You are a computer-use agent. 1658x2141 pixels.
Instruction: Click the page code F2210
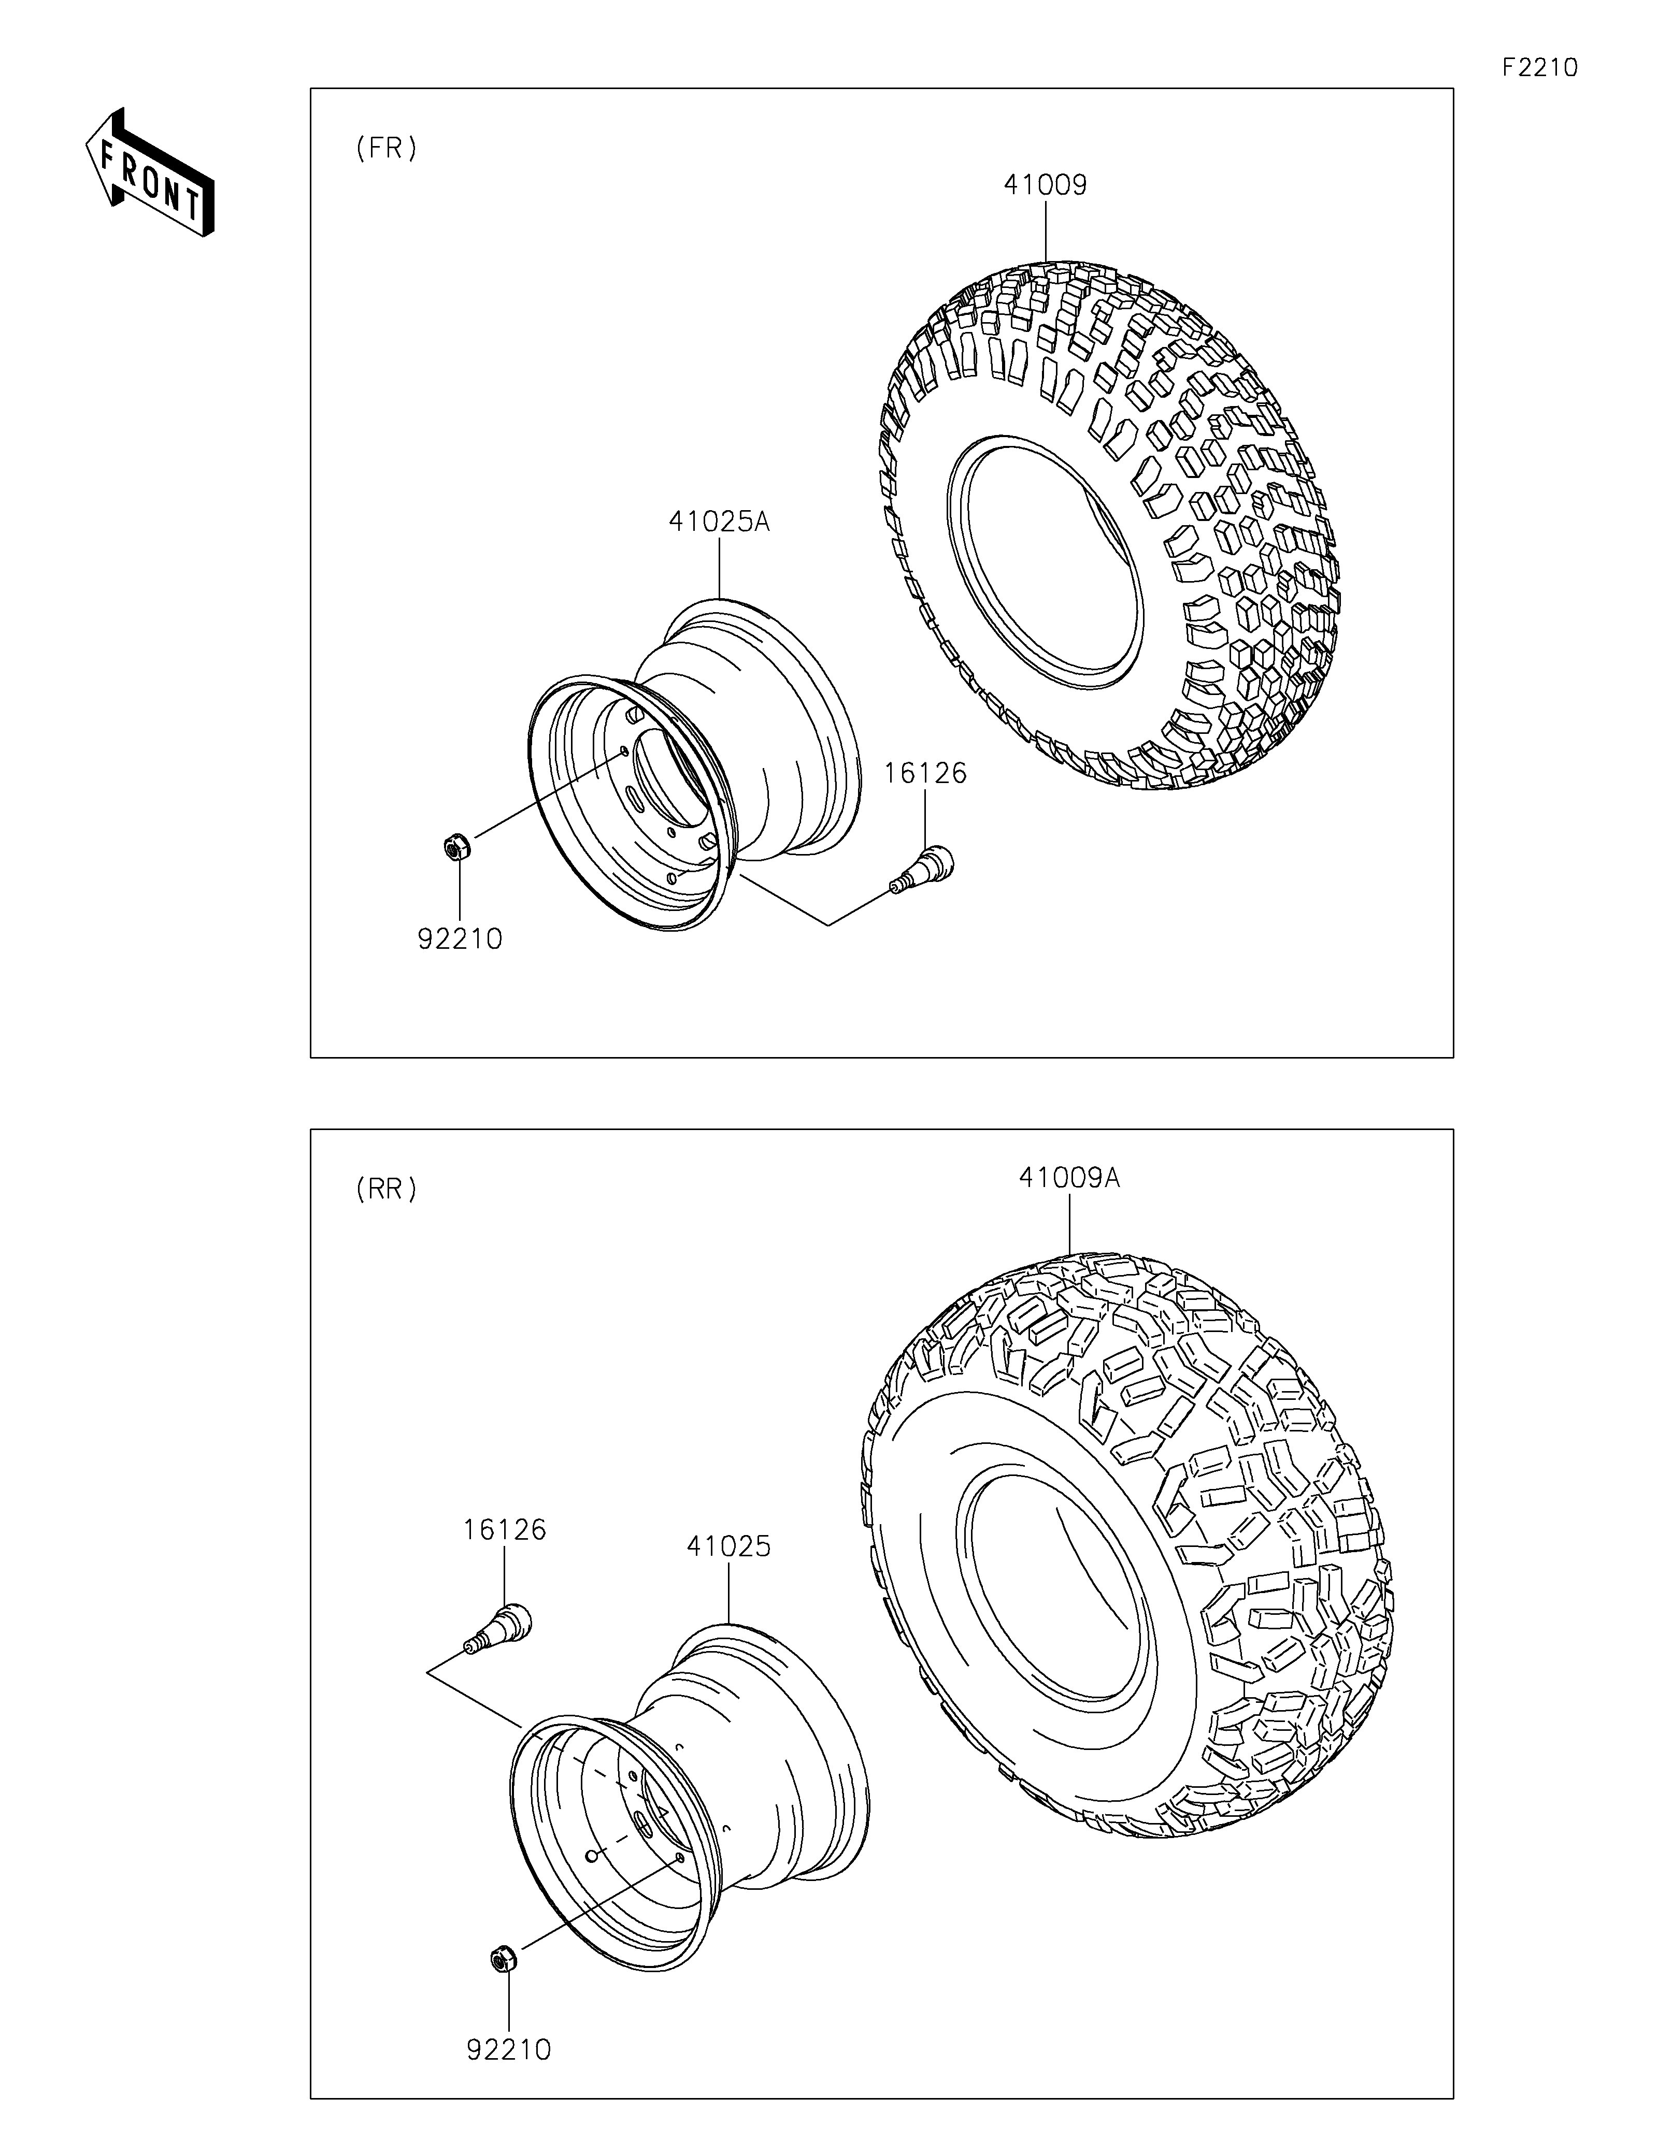pyautogui.click(x=1539, y=68)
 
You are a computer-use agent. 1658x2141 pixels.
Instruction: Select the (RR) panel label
pyautogui.click(x=387, y=1189)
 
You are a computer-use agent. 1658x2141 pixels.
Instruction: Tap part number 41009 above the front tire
pyautogui.click(x=1045, y=185)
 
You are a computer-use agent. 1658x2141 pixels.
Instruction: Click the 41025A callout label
pyautogui.click(x=720, y=522)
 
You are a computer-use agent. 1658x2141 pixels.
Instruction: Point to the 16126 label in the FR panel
pyautogui.click(x=925, y=773)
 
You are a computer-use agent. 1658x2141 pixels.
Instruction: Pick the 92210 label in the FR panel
pyautogui.click(x=460, y=939)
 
